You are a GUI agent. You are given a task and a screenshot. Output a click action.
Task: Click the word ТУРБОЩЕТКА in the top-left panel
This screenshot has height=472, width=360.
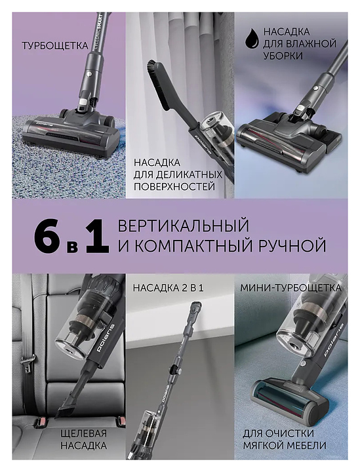[55, 46]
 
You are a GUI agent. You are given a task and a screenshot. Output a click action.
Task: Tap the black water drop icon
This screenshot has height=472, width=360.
[252, 39]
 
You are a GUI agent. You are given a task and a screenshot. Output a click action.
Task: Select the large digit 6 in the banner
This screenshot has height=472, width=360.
[47, 237]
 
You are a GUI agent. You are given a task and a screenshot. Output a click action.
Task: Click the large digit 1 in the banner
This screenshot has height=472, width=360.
[97, 237]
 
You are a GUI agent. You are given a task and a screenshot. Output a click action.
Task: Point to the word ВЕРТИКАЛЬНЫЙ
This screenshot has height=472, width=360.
[184, 226]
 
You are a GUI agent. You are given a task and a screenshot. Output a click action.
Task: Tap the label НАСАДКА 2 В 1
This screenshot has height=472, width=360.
[169, 288]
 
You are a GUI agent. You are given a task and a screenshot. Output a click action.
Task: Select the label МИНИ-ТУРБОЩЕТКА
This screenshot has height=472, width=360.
[290, 288]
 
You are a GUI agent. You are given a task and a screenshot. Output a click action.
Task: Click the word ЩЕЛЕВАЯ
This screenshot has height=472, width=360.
[84, 433]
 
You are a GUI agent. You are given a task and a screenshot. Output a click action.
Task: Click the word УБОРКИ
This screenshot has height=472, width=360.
[283, 56]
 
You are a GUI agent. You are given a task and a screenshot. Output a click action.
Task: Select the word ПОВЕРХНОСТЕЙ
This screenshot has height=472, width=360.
[174, 186]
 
